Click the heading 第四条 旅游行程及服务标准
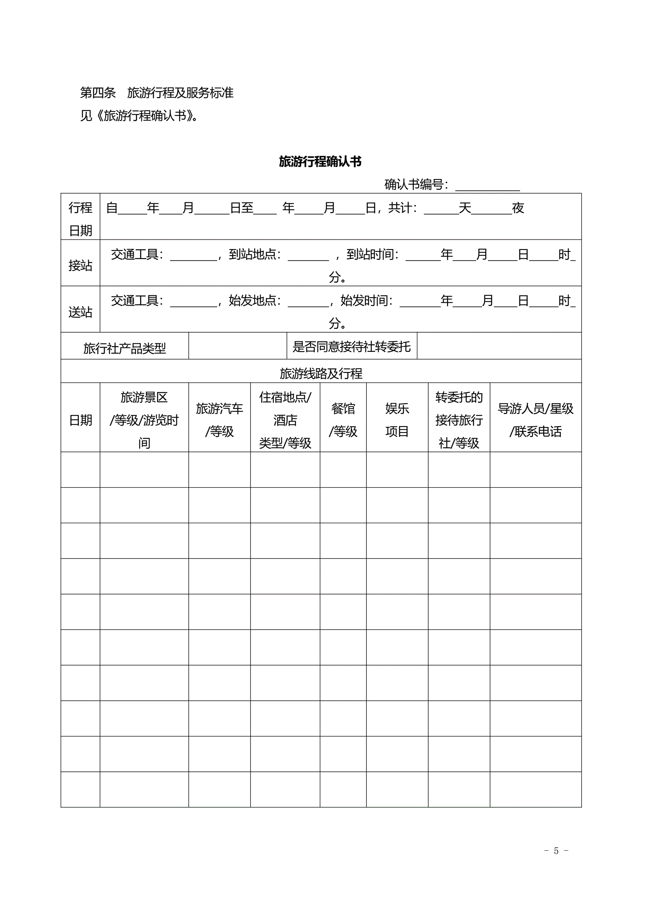tap(157, 93)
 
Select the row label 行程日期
tap(80, 219)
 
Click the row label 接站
tap(80, 265)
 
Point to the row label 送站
tap(80, 311)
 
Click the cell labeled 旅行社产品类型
tap(124, 348)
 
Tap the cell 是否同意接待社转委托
tap(351, 347)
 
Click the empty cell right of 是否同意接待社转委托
tap(499, 346)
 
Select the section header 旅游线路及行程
tap(321, 373)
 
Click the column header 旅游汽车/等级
tap(219, 420)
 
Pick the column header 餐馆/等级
tap(343, 420)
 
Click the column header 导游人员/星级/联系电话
tap(535, 420)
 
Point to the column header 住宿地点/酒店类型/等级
tap(285, 420)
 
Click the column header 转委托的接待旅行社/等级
tap(459, 420)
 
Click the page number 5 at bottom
tap(556, 851)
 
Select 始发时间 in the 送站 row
tap(366, 301)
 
